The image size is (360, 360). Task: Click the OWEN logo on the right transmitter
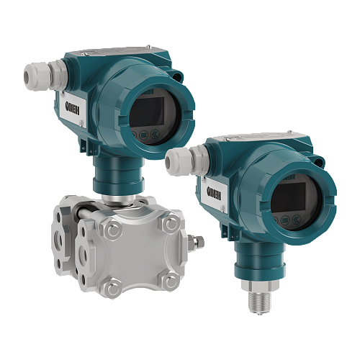coord(214,193)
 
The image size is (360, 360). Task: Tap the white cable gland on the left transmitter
coord(45,76)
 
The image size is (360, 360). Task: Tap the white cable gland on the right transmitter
coord(186,161)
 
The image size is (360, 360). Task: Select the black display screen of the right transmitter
coord(289,197)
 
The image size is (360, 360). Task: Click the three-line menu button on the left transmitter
coord(144,135)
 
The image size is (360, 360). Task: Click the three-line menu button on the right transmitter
coord(285,220)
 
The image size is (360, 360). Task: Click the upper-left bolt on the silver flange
coord(113,230)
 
